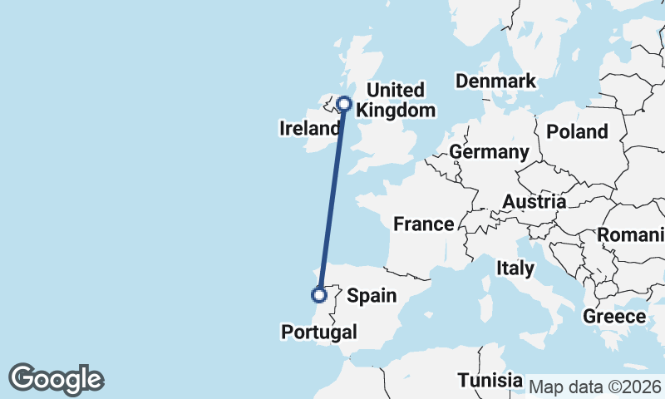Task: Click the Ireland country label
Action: point(310,128)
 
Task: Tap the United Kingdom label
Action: point(401,100)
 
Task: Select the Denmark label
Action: point(495,81)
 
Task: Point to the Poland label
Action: point(578,131)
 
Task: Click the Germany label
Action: point(489,152)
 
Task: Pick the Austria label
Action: point(534,201)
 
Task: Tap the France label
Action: point(423,224)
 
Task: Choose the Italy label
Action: point(515,268)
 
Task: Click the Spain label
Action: point(371,295)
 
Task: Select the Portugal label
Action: point(319,332)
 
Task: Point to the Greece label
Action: point(614,317)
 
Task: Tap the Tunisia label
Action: point(490,381)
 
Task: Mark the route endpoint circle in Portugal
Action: point(318,294)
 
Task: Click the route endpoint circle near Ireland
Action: point(343,105)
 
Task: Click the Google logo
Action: point(56,379)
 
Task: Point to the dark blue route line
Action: point(331,199)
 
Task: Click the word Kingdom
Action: point(401,111)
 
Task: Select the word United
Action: point(396,90)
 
